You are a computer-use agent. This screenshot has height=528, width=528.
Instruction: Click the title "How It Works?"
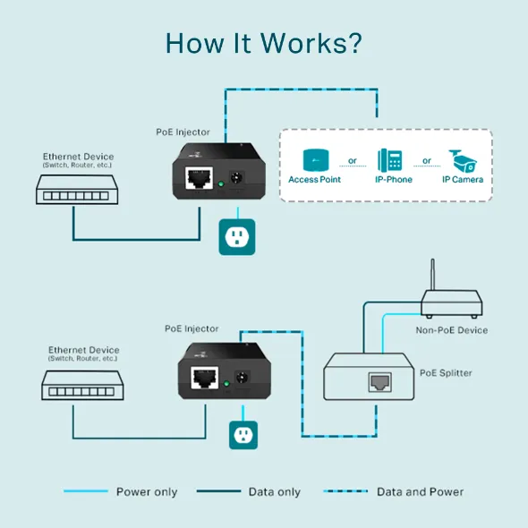pyautogui.click(x=263, y=43)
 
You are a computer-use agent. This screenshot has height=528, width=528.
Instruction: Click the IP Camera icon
pyautogui.click(x=464, y=159)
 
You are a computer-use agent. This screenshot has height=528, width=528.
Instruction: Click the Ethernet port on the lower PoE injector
pyautogui.click(x=205, y=376)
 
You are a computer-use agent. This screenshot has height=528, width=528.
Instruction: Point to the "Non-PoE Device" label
pyautogui.click(x=452, y=330)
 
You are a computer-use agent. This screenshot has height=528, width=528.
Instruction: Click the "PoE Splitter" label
pyautogui.click(x=445, y=372)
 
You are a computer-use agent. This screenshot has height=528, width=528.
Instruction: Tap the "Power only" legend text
pyautogui.click(x=147, y=491)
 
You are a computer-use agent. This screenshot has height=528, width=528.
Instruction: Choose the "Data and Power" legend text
pyautogui.click(x=420, y=491)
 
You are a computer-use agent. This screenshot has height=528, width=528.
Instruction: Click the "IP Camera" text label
pyautogui.click(x=463, y=180)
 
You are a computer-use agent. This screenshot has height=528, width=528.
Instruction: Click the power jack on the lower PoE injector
pyautogui.click(x=240, y=379)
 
